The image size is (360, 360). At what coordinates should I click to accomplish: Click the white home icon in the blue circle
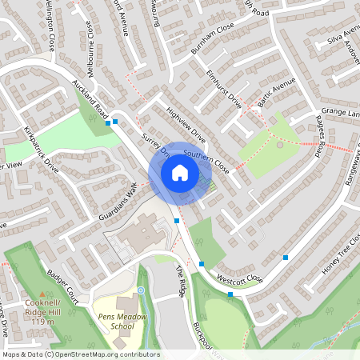(x=180, y=172)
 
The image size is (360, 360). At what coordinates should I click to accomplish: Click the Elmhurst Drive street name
(x=223, y=92)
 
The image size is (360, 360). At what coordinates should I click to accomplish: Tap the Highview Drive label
(x=186, y=126)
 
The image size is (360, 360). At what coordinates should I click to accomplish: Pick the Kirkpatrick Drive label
(x=42, y=149)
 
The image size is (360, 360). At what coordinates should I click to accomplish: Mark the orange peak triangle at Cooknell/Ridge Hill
(x=43, y=294)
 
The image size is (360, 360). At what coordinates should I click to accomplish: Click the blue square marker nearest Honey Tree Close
(x=286, y=257)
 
